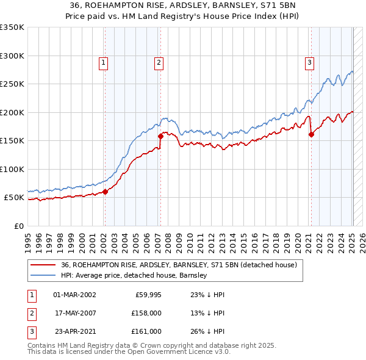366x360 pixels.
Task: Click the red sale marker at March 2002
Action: [105, 192]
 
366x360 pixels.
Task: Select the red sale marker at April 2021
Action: [311, 135]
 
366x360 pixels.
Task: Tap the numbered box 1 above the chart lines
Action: [103, 62]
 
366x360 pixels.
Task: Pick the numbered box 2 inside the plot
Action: [159, 62]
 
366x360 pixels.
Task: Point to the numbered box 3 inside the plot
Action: [309, 62]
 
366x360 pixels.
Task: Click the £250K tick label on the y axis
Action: [12, 84]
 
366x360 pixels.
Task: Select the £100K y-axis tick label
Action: [12, 170]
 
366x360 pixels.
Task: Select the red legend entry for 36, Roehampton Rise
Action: [179, 265]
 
